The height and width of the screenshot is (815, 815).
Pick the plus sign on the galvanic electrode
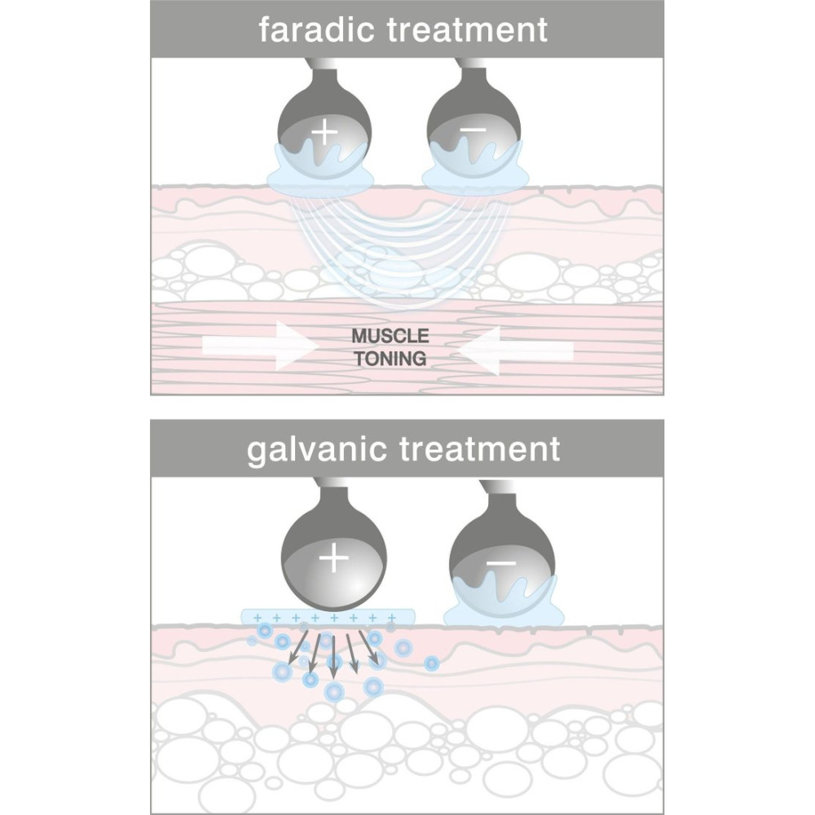[333, 558]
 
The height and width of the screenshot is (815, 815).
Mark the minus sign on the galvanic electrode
[500, 562]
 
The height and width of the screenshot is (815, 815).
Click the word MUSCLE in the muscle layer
[390, 335]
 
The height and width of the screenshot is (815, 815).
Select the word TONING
[390, 358]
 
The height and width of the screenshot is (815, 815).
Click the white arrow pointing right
[261, 347]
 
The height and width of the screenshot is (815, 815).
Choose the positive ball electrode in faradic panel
[324, 122]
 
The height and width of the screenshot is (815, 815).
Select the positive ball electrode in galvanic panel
[333, 554]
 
